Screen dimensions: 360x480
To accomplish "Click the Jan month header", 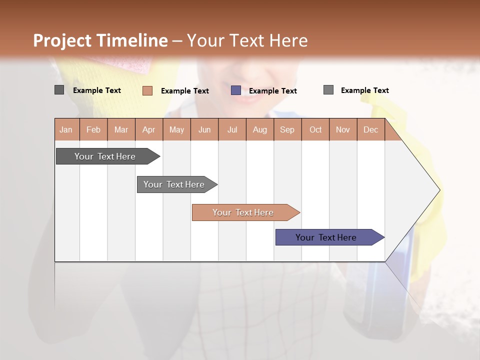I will coord(66,129).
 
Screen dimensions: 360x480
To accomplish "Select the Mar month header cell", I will coord(121,129).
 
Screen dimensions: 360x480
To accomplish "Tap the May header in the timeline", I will coord(176,129).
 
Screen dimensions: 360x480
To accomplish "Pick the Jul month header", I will coord(232,129).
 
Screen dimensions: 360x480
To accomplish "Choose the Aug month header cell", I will coord(259,129).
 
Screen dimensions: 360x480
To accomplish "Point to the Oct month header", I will coord(315,129).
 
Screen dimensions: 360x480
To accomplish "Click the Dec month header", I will coord(370,129).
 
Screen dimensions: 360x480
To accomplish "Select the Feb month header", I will coord(93,129).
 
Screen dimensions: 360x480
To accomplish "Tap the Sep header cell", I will coord(287,129).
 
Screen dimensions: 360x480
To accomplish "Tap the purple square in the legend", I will coord(236,90).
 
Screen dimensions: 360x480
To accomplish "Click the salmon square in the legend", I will coord(147,90).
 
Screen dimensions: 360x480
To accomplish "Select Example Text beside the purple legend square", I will coord(272,91).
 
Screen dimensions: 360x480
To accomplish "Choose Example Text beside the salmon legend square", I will coord(184,91).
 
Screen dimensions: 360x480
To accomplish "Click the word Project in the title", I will coord(62,40).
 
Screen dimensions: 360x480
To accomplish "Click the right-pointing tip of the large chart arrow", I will coord(438,190).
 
